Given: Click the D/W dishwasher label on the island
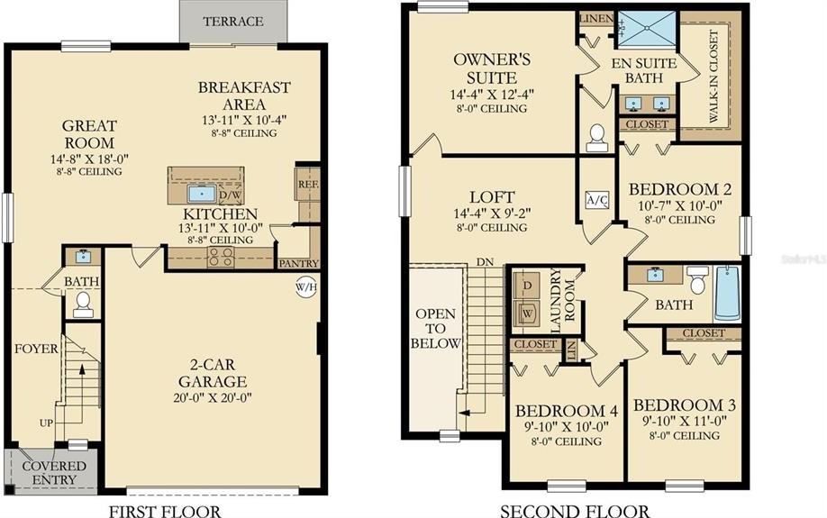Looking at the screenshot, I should tap(230, 195).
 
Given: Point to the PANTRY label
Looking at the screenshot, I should tap(297, 263).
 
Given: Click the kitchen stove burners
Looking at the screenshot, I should tap(222, 257).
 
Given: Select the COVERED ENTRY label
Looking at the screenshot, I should tap(53, 473).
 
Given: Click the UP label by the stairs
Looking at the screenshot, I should tap(46, 422).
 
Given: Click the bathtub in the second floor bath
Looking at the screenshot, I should tap(728, 293).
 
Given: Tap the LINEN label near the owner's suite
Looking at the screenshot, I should tap(596, 19).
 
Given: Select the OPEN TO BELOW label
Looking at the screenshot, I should tap(435, 329).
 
